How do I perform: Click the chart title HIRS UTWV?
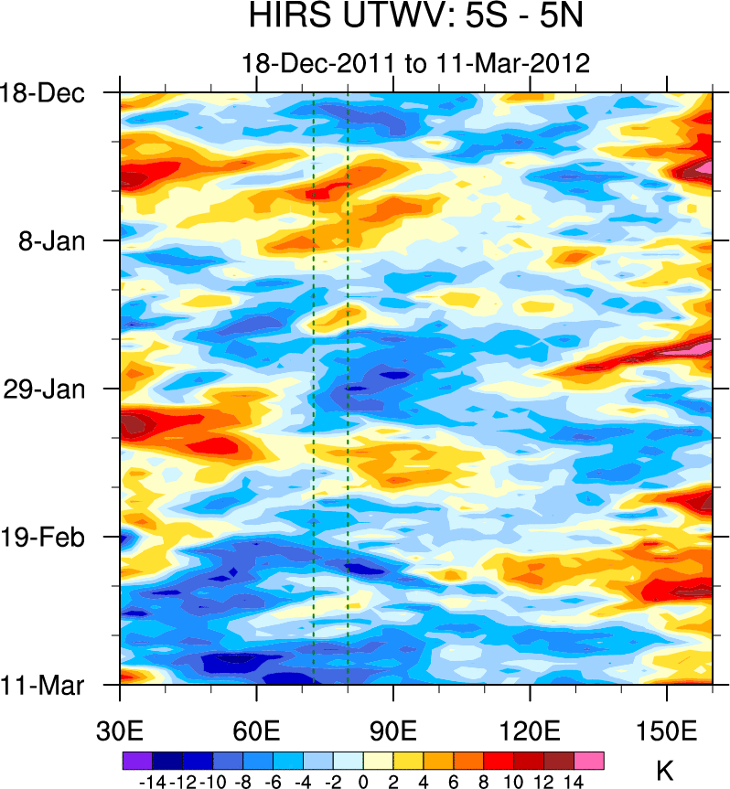[x=415, y=17]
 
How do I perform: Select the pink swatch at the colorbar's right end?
[x=589, y=761]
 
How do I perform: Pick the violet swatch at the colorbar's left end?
[x=137, y=761]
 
